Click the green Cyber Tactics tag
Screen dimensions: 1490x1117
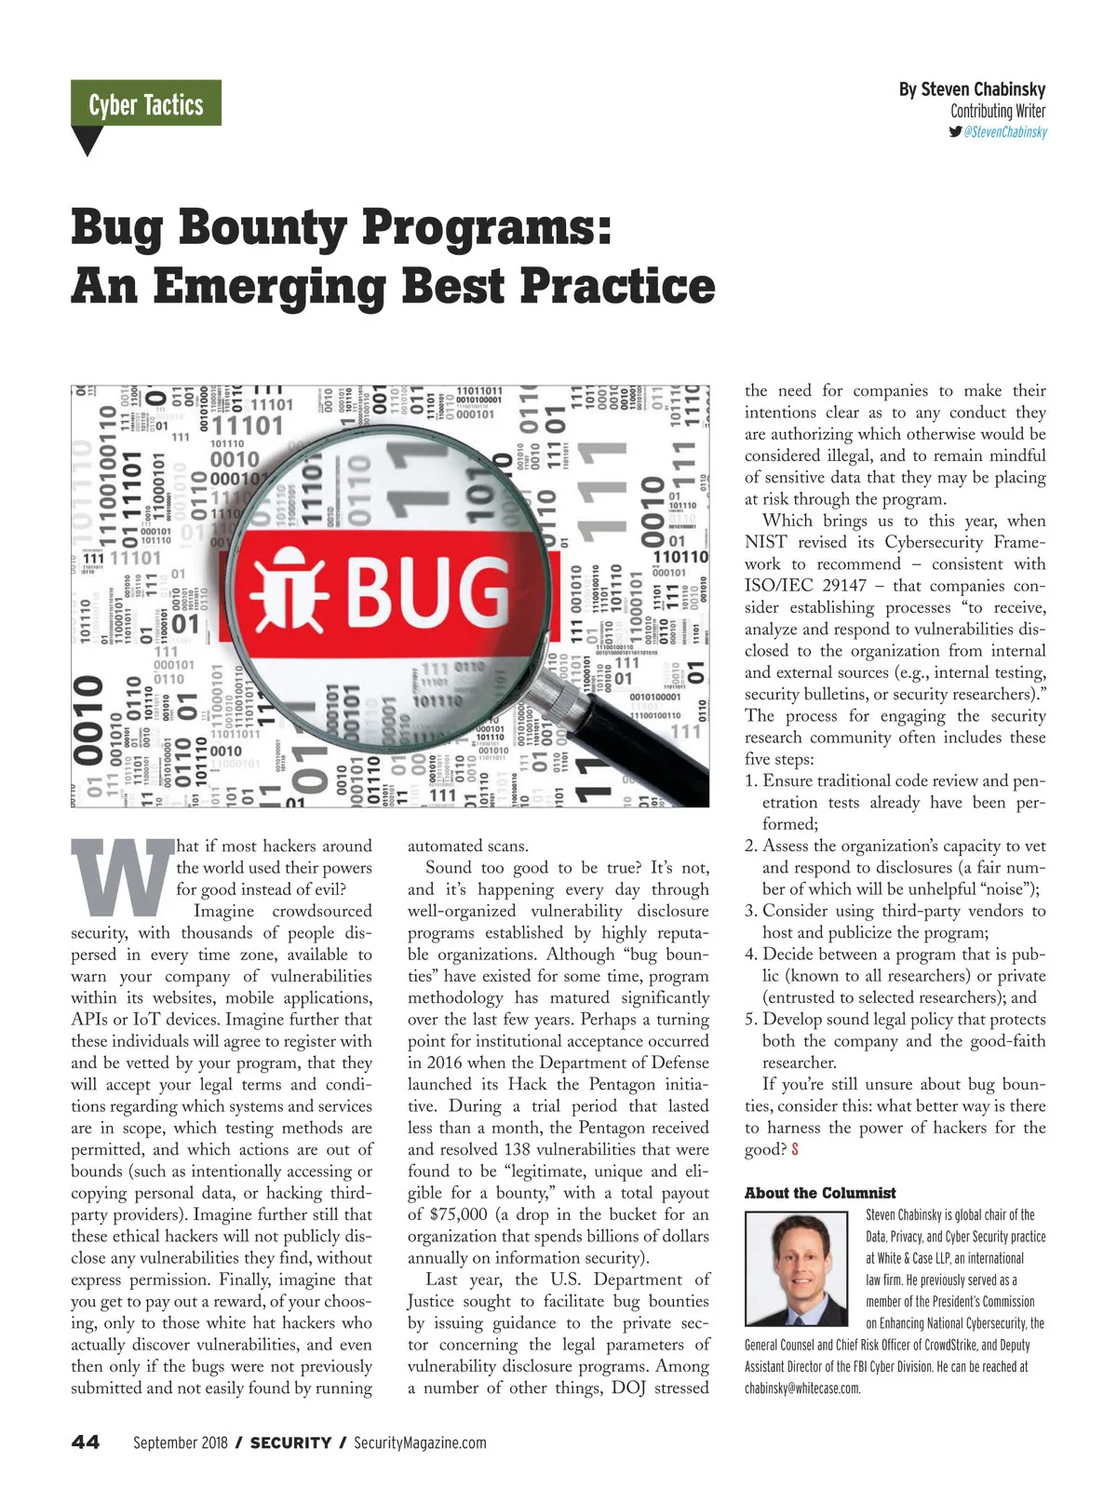tap(146, 103)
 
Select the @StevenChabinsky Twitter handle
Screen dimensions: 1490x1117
tap(1005, 132)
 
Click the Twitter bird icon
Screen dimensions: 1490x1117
tap(955, 131)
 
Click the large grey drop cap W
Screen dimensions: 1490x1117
tap(121, 877)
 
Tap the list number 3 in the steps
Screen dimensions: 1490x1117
tap(750, 911)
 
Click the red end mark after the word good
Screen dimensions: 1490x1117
tap(795, 1150)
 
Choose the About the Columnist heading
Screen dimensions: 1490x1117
tap(820, 1193)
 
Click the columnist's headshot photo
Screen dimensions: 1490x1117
tap(796, 1268)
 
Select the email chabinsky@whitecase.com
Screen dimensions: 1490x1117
tap(802, 1388)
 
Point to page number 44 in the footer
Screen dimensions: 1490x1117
tap(86, 1443)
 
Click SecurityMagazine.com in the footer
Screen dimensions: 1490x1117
tap(420, 1443)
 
